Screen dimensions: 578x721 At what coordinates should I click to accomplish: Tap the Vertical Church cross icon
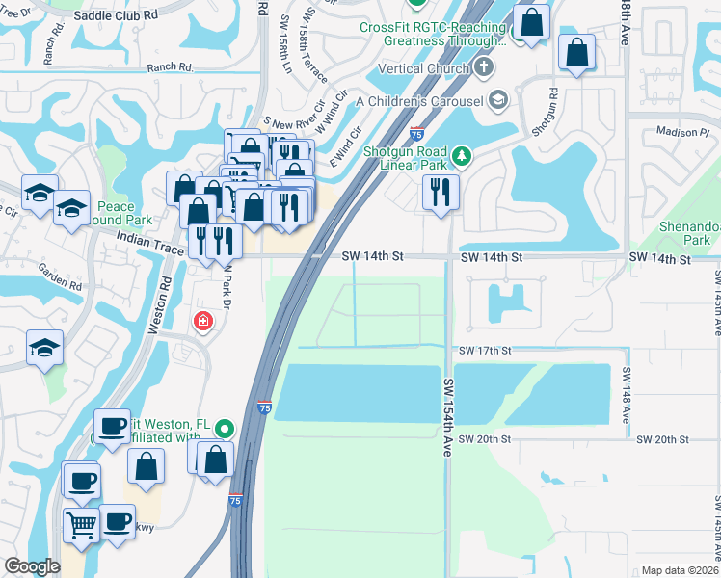coord(484,68)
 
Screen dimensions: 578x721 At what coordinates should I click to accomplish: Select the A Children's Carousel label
coord(419,100)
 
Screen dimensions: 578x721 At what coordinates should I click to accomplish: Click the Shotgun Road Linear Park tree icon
coord(463,155)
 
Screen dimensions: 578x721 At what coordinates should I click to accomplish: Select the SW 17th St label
coord(485,351)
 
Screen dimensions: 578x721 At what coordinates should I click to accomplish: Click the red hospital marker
coord(203,321)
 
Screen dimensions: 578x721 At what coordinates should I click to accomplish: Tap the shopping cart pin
coord(82,525)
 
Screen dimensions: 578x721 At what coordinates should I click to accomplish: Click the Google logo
coord(32,566)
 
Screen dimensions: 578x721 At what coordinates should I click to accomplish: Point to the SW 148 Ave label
coord(625,395)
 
